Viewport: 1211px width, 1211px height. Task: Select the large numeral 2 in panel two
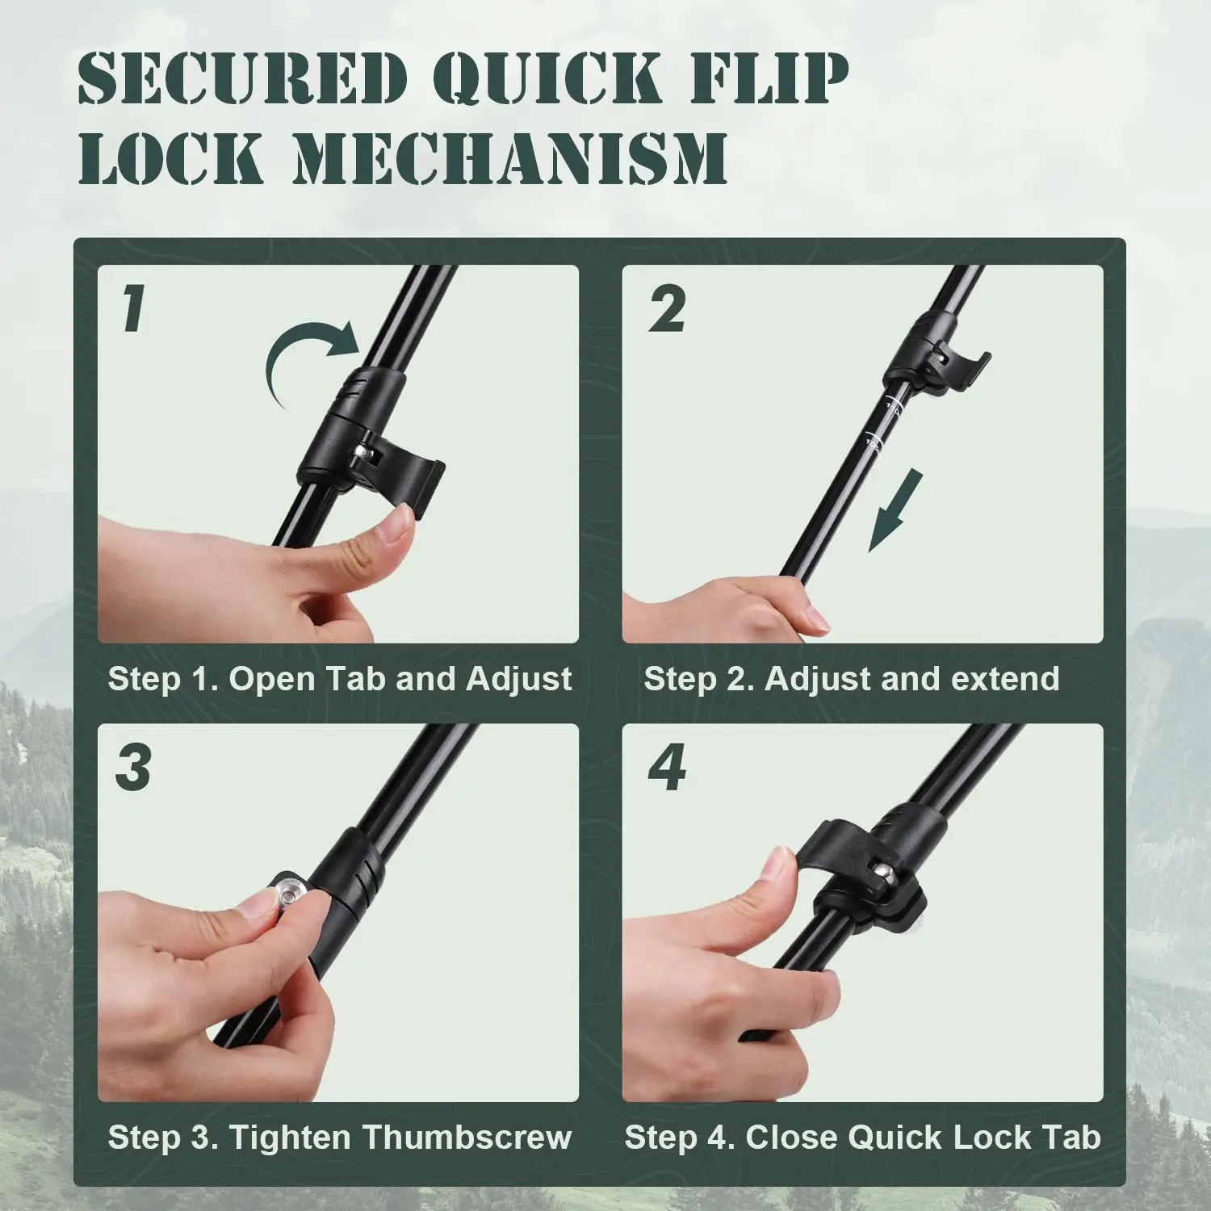[x=666, y=309]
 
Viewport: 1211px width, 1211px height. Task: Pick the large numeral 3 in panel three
[x=133, y=768]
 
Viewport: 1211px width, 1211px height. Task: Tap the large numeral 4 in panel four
[x=667, y=768]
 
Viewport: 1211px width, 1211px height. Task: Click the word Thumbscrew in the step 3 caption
[x=467, y=1138]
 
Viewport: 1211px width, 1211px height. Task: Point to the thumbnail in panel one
[x=396, y=529]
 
